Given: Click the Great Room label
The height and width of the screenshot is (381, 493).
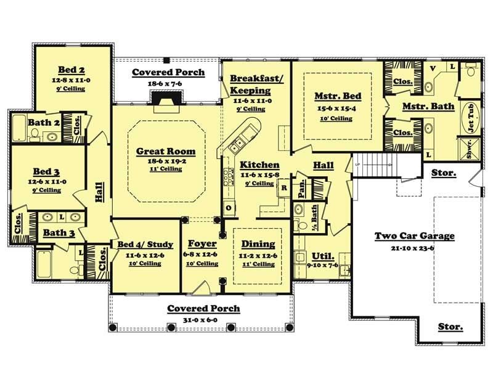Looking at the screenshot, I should click(165, 151).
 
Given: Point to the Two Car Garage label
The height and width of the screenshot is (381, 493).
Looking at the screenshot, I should click(415, 236).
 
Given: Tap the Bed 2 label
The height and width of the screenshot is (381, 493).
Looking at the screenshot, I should click(71, 69).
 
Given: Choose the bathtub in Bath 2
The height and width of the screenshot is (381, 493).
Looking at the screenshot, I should click(19, 128).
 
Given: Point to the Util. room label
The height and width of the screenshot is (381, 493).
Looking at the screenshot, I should click(324, 255).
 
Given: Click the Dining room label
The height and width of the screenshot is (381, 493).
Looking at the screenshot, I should click(258, 244).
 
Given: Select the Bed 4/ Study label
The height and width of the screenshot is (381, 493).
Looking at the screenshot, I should click(145, 244).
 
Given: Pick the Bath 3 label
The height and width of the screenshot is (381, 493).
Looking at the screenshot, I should click(59, 234).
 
